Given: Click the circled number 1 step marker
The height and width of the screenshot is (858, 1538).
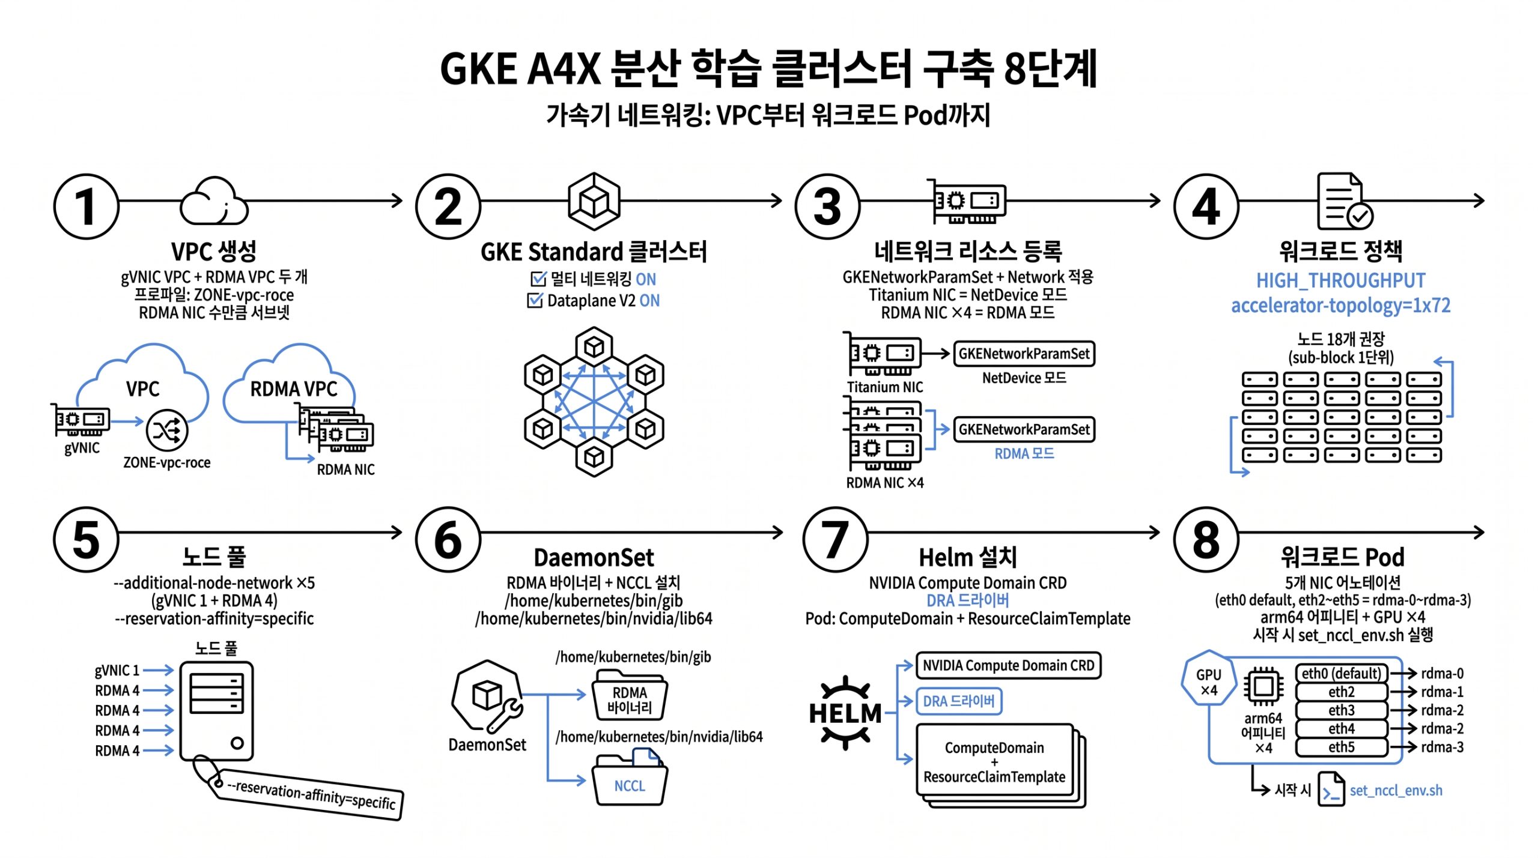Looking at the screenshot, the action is (x=87, y=207).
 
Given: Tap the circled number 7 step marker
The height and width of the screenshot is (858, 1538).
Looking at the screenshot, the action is (x=835, y=539).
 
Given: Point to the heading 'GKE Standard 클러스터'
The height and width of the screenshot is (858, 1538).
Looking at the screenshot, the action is (x=594, y=252).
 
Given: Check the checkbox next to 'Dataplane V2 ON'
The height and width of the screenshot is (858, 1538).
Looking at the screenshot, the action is (x=534, y=300).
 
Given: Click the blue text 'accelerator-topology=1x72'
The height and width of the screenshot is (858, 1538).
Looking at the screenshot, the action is (x=1340, y=306).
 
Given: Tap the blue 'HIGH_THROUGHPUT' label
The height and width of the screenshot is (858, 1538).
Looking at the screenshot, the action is (x=1340, y=280).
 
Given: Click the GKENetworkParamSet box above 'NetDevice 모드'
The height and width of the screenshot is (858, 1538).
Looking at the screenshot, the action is (x=1024, y=354).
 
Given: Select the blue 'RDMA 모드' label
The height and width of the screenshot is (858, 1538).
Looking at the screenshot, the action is (x=1024, y=453).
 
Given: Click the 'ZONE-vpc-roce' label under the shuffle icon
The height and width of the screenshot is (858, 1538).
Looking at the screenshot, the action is (x=166, y=463).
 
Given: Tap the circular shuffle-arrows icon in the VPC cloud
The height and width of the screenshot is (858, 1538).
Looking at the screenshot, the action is (x=167, y=430).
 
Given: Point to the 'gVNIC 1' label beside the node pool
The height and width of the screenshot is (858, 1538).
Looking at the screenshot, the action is (x=117, y=670).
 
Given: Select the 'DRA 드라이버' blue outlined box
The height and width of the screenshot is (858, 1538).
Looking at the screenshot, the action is (x=958, y=701).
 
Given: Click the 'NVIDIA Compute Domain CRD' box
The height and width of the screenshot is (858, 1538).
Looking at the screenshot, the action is (x=1008, y=665).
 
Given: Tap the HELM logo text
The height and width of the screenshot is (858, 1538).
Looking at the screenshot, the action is (x=845, y=713).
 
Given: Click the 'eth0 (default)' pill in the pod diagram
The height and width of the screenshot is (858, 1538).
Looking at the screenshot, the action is (x=1341, y=673).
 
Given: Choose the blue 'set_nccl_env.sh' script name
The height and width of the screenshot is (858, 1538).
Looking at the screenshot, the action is (x=1396, y=790).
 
